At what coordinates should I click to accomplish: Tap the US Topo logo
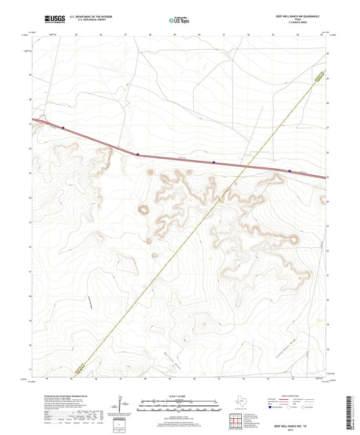(179, 20)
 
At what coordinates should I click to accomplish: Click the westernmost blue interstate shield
(63, 126)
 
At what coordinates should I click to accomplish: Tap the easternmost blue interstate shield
(290, 171)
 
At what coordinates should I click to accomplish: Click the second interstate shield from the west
(138, 154)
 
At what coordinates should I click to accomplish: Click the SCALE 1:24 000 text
(179, 396)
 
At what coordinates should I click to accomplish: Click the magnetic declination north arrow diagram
(119, 405)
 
